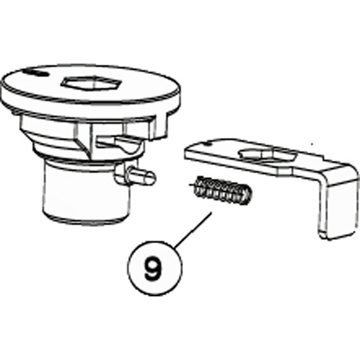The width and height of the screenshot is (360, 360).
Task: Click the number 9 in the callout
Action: pos(153,266)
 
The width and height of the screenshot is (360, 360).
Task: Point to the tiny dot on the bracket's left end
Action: pos(207,145)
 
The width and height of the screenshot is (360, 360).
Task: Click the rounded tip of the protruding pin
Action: pos(152,178)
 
